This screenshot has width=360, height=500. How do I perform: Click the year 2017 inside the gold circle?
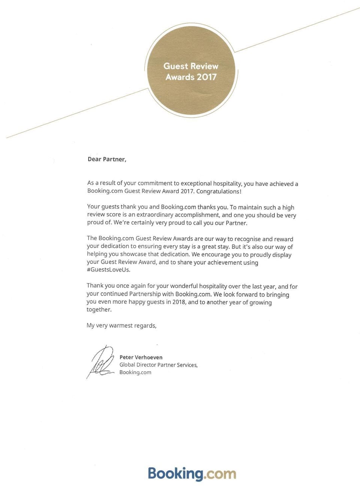207,77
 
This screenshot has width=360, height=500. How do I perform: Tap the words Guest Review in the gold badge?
190,66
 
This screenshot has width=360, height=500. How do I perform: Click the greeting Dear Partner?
107,159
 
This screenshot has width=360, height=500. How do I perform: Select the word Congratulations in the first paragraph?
218,191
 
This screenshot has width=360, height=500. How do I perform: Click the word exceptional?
196,183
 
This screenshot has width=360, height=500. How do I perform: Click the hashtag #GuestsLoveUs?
108,270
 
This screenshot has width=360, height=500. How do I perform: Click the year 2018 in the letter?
178,302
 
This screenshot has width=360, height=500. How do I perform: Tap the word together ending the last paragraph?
99,309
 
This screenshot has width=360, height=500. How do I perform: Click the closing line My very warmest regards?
121,325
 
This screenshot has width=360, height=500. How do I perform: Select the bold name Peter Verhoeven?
141,357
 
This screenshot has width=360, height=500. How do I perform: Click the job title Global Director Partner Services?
158,365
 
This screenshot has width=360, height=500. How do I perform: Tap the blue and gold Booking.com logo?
192,473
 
